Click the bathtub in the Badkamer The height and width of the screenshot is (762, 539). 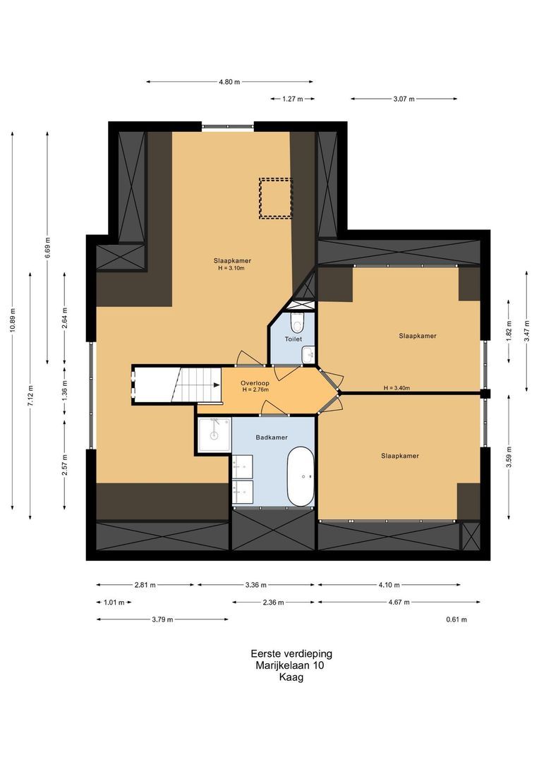point(301,477)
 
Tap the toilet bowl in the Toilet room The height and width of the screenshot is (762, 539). point(296,322)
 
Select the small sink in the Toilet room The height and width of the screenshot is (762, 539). point(308,355)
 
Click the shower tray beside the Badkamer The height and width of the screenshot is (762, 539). point(214,435)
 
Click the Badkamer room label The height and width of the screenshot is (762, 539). point(272,437)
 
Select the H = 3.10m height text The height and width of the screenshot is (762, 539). point(232,268)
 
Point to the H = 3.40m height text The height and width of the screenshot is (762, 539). point(396,388)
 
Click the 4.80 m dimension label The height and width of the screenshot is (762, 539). point(229,82)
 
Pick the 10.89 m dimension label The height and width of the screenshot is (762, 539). point(13,320)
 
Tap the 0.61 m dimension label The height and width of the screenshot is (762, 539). point(456,619)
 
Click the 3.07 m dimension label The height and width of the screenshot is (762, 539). point(404,99)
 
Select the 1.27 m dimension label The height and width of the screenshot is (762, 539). point(293,99)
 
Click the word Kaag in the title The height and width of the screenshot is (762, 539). point(291,677)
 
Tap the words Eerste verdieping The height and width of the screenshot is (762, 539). point(291,653)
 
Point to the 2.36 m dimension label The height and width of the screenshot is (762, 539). point(273,603)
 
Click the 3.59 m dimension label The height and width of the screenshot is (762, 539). point(509,456)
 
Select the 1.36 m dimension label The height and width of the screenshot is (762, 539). point(65,389)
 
